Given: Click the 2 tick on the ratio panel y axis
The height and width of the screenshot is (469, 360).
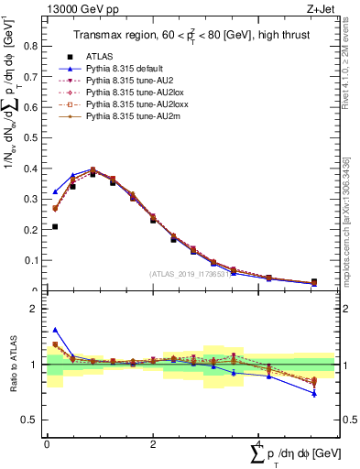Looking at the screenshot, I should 38,309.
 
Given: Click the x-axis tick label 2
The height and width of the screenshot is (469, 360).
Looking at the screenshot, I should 152,444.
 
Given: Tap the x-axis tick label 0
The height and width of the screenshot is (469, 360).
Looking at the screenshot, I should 47,444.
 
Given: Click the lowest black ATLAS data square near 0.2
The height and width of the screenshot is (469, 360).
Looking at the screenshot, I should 55,226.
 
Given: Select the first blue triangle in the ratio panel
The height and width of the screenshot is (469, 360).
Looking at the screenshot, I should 55,330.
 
